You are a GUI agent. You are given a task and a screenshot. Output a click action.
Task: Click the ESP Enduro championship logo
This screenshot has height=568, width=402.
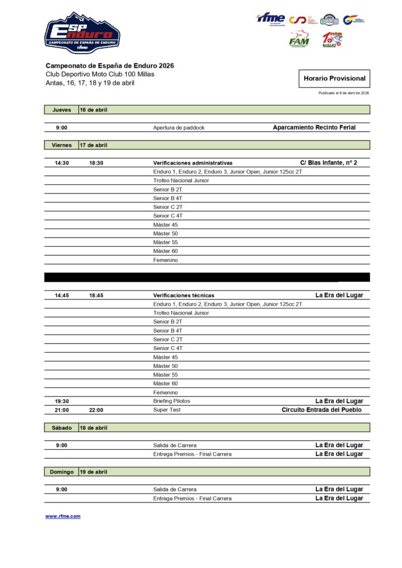click(82, 33)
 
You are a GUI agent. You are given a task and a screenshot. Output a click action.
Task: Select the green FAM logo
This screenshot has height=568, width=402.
click(299, 39)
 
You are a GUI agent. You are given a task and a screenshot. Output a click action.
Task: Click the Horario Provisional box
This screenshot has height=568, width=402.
click(334, 79)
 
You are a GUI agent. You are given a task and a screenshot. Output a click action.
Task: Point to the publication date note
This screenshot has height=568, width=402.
click(344, 93)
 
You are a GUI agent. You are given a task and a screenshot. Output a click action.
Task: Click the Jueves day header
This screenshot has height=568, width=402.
click(62, 110)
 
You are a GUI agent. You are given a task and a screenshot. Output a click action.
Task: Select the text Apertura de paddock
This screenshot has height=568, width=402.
click(179, 128)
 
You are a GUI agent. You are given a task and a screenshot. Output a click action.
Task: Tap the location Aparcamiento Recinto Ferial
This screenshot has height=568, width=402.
click(314, 128)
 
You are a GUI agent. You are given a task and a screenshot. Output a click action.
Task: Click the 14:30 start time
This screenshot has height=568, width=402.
click(62, 163)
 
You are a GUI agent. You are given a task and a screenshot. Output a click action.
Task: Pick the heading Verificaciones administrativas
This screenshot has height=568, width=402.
click(193, 163)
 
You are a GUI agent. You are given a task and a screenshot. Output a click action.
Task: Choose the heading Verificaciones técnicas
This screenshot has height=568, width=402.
click(184, 296)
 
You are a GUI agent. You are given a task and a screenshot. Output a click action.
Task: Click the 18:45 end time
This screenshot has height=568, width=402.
click(96, 296)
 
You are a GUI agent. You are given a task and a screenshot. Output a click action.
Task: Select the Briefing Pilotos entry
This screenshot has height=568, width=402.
click(172, 401)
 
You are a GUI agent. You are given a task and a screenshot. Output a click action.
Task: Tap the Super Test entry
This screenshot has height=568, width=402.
click(167, 410)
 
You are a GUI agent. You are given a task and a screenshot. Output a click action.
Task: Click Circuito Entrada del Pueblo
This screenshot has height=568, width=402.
click(321, 410)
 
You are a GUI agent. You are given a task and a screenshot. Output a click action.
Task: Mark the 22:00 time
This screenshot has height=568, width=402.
click(96, 410)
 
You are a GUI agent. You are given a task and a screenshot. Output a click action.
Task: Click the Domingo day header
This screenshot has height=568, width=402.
click(62, 472)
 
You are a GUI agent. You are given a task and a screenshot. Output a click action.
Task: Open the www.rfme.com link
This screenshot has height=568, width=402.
click(63, 516)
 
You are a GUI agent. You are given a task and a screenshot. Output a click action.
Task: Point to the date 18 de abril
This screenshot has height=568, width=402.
click(93, 428)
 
